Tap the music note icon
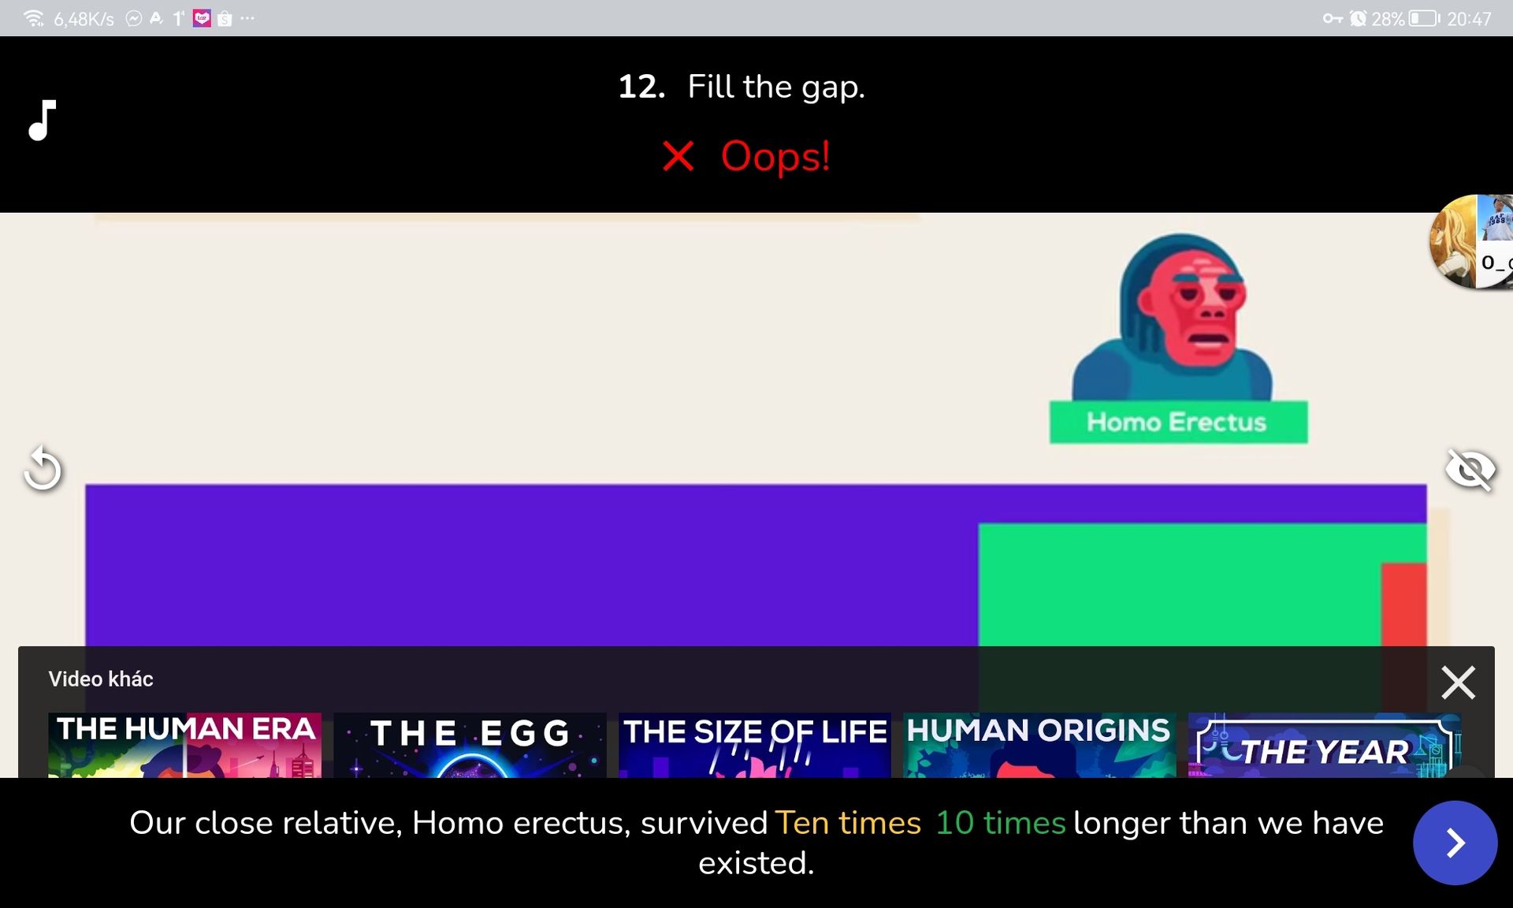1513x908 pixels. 43,120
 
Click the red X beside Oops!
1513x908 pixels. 678,156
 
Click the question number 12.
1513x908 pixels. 641,87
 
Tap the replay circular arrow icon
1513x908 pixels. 43,469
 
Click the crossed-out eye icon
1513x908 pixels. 1470,470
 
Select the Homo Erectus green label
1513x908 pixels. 1178,422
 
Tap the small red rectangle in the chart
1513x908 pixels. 1403,605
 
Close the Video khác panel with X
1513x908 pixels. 1458,683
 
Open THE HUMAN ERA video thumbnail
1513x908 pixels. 185,745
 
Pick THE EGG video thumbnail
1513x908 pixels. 470,745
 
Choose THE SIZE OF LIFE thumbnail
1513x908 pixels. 755,745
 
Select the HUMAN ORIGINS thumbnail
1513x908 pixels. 1039,745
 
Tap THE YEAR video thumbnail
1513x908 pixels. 1325,745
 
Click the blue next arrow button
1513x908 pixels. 1455,843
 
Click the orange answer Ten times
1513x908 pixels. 848,823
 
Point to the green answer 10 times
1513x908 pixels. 1000,823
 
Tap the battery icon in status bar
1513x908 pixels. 1424,18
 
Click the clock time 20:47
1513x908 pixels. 1469,19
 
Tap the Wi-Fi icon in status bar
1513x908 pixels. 34,18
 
